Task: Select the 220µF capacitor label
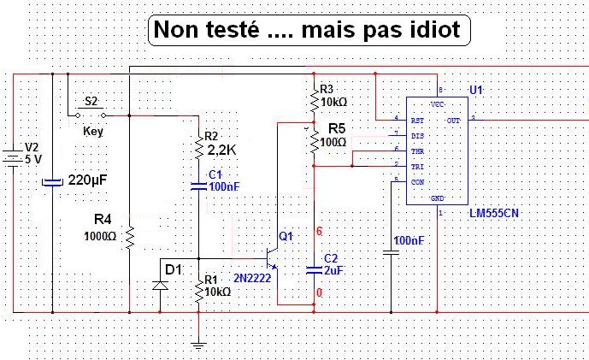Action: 92,180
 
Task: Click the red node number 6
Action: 320,232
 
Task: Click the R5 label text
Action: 339,127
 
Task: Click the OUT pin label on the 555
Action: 453,121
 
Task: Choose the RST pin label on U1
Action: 417,121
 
